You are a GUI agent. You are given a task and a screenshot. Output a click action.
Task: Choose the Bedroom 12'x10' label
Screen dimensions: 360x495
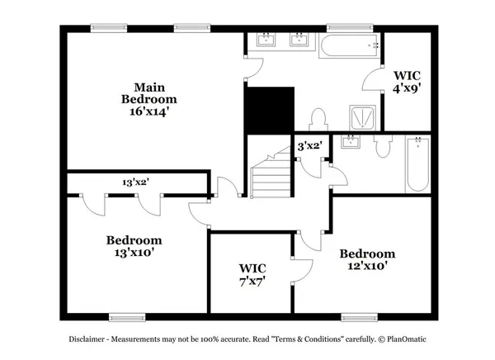pyautogui.click(x=367, y=259)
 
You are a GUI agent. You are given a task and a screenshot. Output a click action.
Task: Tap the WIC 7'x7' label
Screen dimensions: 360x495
pyautogui.click(x=252, y=274)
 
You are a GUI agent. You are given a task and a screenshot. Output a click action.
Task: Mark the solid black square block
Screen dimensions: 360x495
pyautogui.click(x=269, y=108)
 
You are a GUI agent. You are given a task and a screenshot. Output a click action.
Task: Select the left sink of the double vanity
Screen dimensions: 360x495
pyautogui.click(x=267, y=40)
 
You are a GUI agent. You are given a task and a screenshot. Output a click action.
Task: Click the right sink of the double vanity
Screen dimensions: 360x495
pyautogui.click(x=298, y=40)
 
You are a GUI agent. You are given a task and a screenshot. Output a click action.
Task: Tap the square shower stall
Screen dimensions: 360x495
pyautogui.click(x=361, y=118)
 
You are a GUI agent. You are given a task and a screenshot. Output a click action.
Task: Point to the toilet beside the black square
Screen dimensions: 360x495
pyautogui.click(x=317, y=119)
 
